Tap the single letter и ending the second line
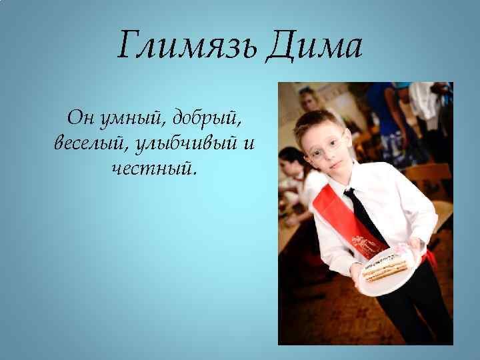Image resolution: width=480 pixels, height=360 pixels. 249,143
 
